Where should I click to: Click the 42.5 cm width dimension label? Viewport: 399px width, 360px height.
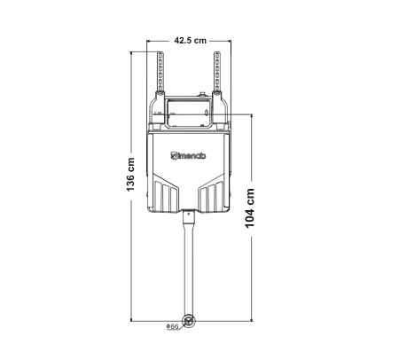coord(190,40)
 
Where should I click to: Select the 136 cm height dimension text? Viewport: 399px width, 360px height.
coord(130,175)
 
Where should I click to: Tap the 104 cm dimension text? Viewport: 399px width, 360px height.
coord(250,208)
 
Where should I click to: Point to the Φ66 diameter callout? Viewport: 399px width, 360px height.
coord(172,326)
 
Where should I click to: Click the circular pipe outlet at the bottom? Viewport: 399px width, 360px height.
coord(188,321)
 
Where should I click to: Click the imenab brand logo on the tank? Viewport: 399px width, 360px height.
coord(188,155)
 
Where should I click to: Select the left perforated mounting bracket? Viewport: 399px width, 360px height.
coord(160,72)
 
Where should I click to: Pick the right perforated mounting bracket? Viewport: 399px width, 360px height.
coord(217,72)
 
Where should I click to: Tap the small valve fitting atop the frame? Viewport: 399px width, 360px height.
coord(202,95)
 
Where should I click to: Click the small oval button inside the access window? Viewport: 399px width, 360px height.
coord(207,113)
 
